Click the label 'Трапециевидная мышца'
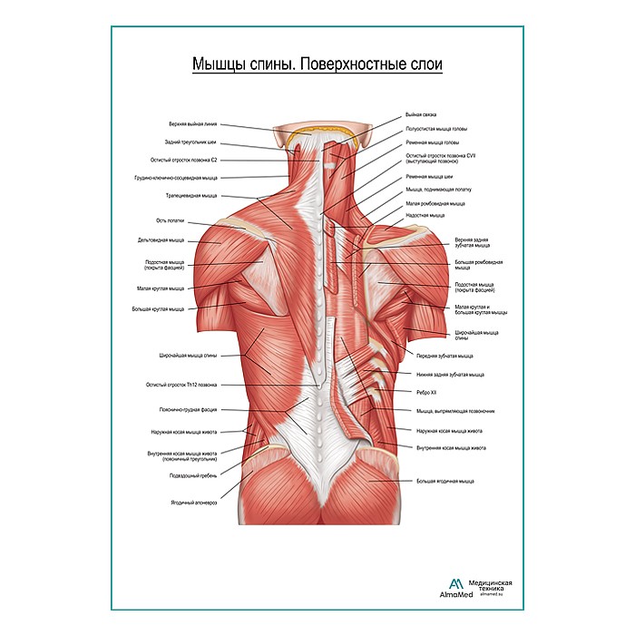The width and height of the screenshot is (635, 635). click(x=190, y=195)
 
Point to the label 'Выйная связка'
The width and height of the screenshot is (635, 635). click(x=421, y=115)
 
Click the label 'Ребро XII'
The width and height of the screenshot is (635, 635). click(x=427, y=392)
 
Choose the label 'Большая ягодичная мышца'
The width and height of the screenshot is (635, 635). click(x=444, y=481)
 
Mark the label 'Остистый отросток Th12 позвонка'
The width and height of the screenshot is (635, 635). click(x=181, y=385)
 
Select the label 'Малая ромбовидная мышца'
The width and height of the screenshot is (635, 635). click(x=435, y=204)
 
